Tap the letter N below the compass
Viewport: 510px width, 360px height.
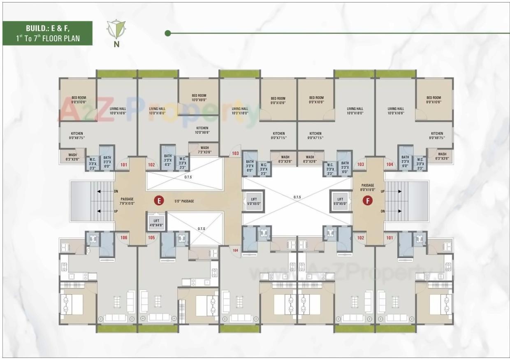117,44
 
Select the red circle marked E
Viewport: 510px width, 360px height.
158,201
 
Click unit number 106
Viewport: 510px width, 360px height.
124,237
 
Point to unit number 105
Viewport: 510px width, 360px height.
151,237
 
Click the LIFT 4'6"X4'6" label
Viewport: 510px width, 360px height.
156,223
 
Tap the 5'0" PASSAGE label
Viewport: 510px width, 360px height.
184,201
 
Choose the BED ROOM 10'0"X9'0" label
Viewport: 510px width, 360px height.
199,98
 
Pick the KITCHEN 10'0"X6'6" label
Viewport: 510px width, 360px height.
202,130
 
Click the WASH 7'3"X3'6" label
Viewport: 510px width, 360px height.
204,150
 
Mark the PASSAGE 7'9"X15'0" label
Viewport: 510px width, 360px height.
127,201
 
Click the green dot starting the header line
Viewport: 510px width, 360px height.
168,33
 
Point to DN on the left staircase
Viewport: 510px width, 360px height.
116,191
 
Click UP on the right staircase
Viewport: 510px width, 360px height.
382,192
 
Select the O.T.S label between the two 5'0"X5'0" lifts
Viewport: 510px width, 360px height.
297,197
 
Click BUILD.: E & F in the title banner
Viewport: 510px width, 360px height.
47,29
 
